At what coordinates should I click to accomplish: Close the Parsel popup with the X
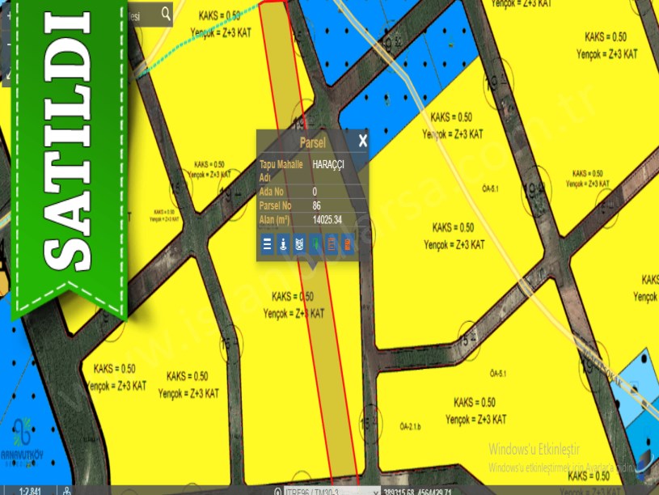pyautogui.click(x=363, y=141)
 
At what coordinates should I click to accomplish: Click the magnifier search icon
pyautogui.click(x=166, y=14)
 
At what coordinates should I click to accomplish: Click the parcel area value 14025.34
pyautogui.click(x=327, y=219)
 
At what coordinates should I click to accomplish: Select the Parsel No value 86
pyautogui.click(x=316, y=205)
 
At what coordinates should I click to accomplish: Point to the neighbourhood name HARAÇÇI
pyautogui.click(x=328, y=164)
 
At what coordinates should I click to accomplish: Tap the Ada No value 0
pyautogui.click(x=315, y=192)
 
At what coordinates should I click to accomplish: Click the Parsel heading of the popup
pyautogui.click(x=312, y=142)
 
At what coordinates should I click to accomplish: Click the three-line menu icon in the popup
pyautogui.click(x=267, y=243)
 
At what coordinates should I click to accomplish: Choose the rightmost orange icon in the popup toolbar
pyautogui.click(x=348, y=243)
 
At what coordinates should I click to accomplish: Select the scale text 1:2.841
pyautogui.click(x=30, y=490)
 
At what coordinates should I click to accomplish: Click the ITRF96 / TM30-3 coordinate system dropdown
pyautogui.click(x=332, y=491)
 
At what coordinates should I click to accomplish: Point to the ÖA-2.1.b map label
pyautogui.click(x=411, y=426)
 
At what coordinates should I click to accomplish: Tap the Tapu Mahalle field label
pyautogui.click(x=281, y=164)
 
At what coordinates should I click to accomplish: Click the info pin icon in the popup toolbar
pyautogui.click(x=283, y=243)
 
